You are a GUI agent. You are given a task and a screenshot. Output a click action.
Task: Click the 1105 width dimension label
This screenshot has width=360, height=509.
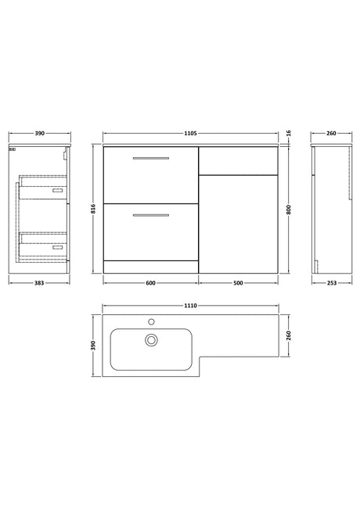190,133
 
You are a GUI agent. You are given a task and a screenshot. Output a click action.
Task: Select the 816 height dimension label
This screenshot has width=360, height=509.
93,209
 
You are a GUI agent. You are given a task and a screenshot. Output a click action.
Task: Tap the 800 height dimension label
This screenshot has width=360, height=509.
289,210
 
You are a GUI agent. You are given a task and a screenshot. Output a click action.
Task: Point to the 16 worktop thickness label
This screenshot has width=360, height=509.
289,133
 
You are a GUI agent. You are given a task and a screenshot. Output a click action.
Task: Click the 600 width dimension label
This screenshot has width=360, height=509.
150,283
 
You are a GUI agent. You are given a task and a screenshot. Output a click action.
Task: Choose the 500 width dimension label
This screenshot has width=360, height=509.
238,283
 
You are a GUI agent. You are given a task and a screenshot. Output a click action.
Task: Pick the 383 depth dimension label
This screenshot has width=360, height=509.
39,283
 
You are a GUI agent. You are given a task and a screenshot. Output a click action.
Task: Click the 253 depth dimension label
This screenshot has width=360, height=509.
332,283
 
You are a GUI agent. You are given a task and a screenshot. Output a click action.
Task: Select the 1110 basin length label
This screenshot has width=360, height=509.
190,306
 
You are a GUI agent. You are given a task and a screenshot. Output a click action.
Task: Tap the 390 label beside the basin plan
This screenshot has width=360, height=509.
93,346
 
